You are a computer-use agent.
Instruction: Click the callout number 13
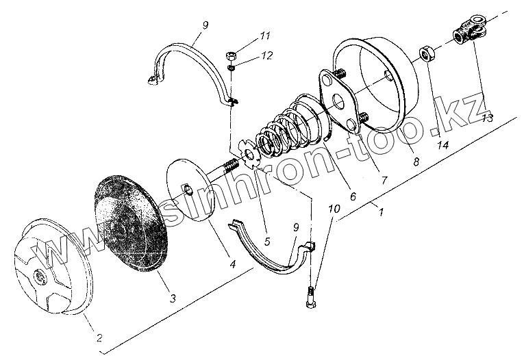(487, 118)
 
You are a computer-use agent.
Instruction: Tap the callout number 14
(444, 146)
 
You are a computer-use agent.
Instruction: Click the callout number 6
(353, 196)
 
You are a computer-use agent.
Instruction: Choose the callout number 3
(172, 298)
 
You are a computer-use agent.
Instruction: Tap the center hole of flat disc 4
(186, 185)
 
